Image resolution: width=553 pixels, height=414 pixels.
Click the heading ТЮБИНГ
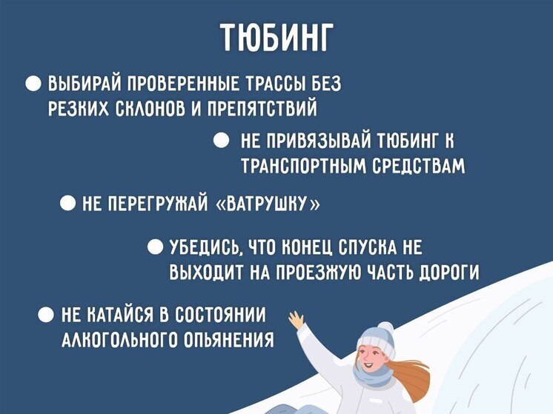(x=276, y=39)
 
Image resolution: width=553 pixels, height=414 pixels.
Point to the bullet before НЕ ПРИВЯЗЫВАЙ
(x=221, y=140)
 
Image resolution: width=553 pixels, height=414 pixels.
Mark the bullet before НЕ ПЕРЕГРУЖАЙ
(x=67, y=203)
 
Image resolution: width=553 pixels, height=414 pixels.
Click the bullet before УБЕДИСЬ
(x=156, y=246)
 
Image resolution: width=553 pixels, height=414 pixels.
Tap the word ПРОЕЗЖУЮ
(x=325, y=272)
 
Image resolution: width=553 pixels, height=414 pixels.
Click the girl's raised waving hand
(x=297, y=320)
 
